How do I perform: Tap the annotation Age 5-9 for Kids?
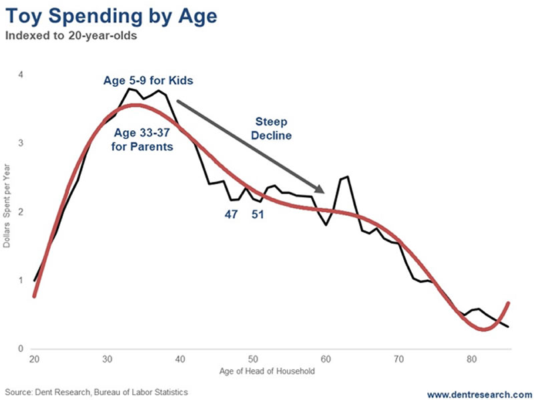(x=148, y=81)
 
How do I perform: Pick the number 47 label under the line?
(x=231, y=215)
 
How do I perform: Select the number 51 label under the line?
(x=258, y=215)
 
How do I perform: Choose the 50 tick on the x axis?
(x=253, y=359)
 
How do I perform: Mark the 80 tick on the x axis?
(x=472, y=359)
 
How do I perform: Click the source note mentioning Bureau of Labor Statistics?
(x=98, y=391)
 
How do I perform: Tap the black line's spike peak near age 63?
(x=348, y=177)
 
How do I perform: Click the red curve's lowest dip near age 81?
(x=483, y=329)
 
